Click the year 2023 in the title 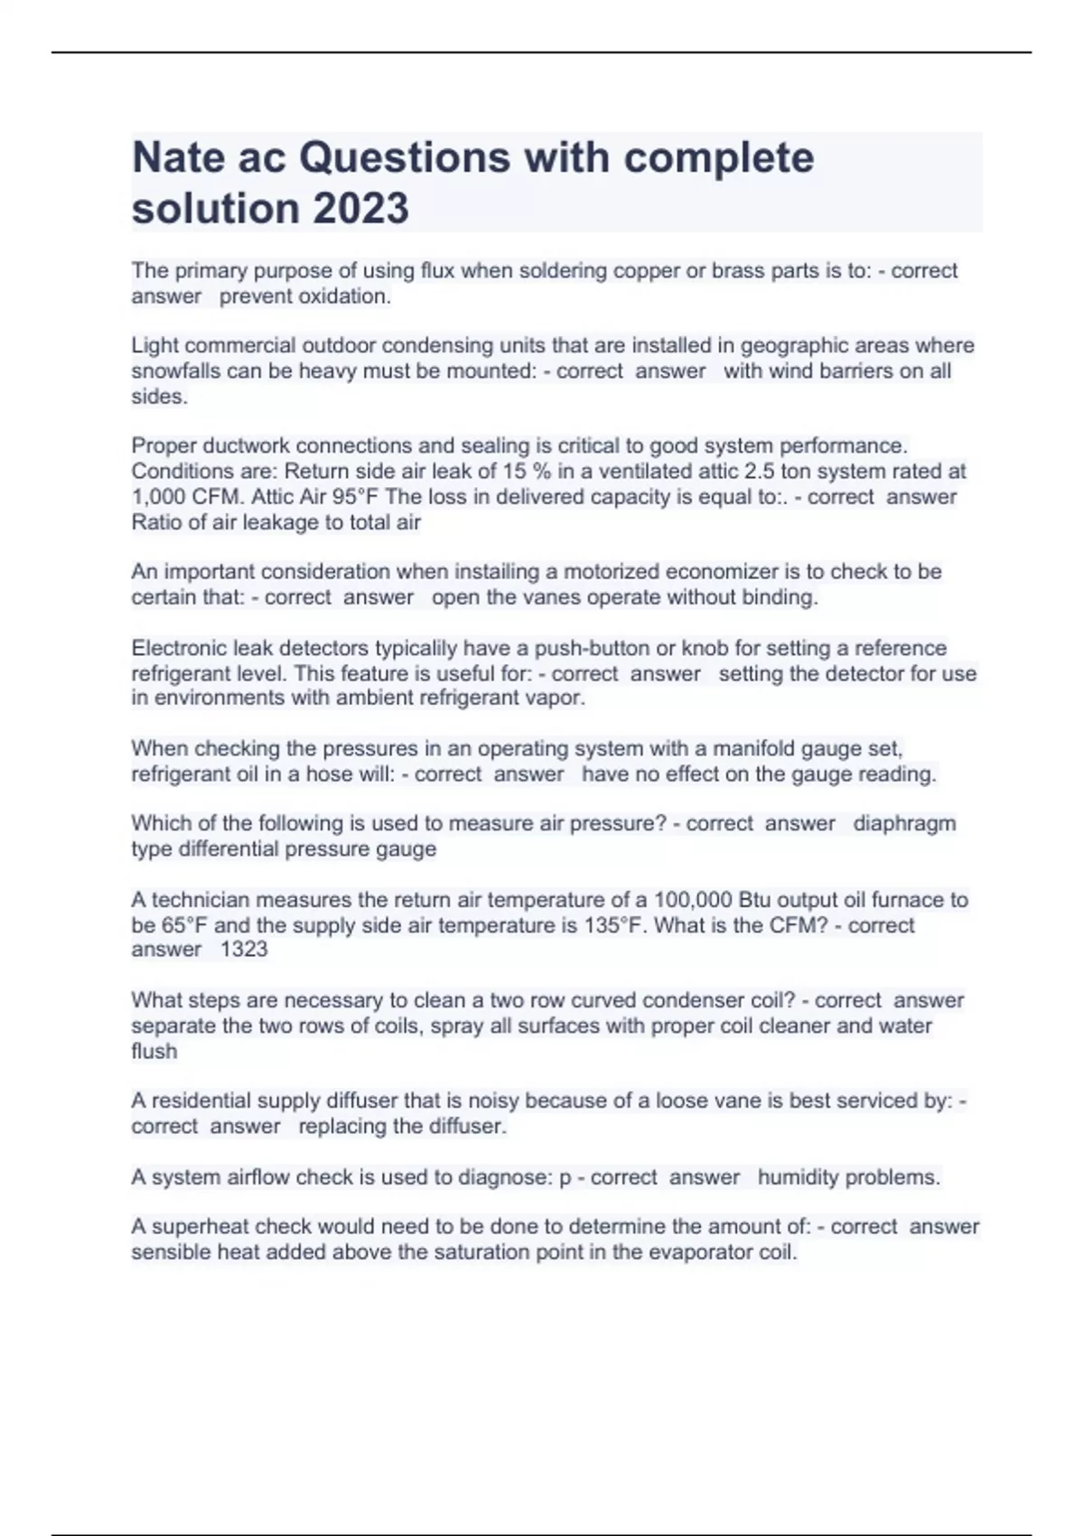click(x=360, y=208)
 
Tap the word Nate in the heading click(x=178, y=157)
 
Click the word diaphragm click(x=904, y=823)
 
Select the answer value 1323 click(x=244, y=949)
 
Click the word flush click(x=154, y=1051)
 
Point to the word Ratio click(x=157, y=521)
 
